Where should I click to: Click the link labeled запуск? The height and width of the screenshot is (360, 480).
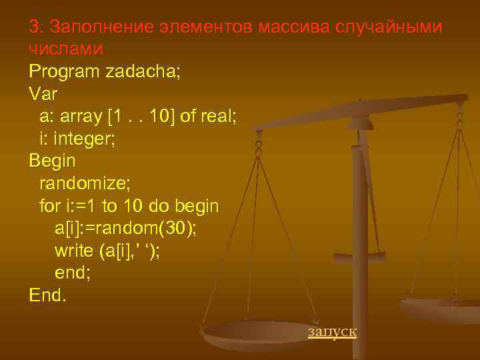(332, 331)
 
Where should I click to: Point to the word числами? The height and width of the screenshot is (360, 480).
(66, 49)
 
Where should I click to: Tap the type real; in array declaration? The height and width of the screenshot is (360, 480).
(217, 116)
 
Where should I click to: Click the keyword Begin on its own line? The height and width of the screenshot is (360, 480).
(53, 161)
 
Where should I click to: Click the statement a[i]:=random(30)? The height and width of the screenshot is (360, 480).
(125, 229)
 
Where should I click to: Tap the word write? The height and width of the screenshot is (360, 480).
(73, 251)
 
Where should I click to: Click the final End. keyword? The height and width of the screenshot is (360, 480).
(48, 295)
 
